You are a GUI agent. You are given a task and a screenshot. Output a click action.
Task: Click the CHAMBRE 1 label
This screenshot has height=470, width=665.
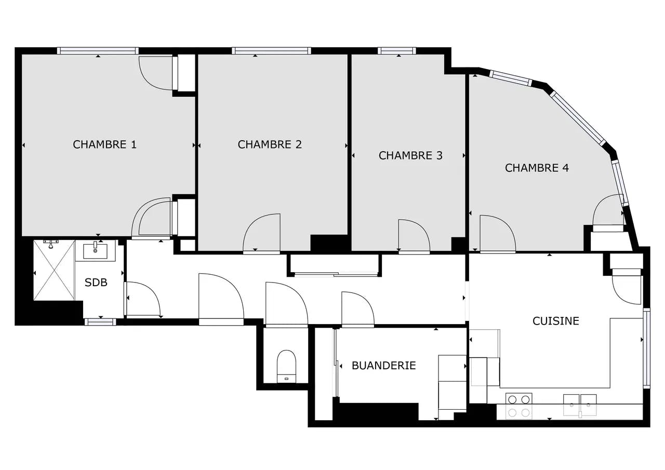pos(104,144)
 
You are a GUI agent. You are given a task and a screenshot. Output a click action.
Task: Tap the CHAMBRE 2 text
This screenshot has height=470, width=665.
pos(270,144)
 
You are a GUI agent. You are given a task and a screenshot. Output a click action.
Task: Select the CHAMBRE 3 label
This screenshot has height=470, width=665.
pos(410,155)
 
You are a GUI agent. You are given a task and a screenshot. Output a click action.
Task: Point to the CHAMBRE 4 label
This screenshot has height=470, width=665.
pos(537,168)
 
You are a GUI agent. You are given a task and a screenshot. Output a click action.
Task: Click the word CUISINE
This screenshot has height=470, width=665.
pos(556,321)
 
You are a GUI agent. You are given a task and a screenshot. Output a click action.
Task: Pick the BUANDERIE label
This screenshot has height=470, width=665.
pos(383,366)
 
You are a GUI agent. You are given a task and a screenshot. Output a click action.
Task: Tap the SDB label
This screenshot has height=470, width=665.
pos(96,283)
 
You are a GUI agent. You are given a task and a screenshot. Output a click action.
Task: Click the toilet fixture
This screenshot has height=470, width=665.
pos(286,367)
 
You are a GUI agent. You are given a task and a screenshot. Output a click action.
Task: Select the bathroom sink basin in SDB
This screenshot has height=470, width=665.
pos(95,251)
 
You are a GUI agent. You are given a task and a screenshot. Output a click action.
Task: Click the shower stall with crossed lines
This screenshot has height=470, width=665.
pos(54,270)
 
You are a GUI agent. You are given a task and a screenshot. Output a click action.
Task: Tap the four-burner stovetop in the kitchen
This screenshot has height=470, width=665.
pos(518,406)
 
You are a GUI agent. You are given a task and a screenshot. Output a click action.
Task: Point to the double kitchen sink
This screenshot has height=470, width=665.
pos(580,405)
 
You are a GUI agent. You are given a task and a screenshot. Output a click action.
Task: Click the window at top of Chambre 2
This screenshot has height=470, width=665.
pos(271,51)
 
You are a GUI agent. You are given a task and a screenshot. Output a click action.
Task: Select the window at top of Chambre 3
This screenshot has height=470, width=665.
pos(397,51)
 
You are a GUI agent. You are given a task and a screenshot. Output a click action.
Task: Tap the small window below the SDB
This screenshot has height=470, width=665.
pos(100,322)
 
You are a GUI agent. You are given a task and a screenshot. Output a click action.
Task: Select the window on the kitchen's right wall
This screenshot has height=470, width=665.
pos(647,348)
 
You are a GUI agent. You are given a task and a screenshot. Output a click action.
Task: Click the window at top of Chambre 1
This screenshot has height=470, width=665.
pos(98,51)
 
